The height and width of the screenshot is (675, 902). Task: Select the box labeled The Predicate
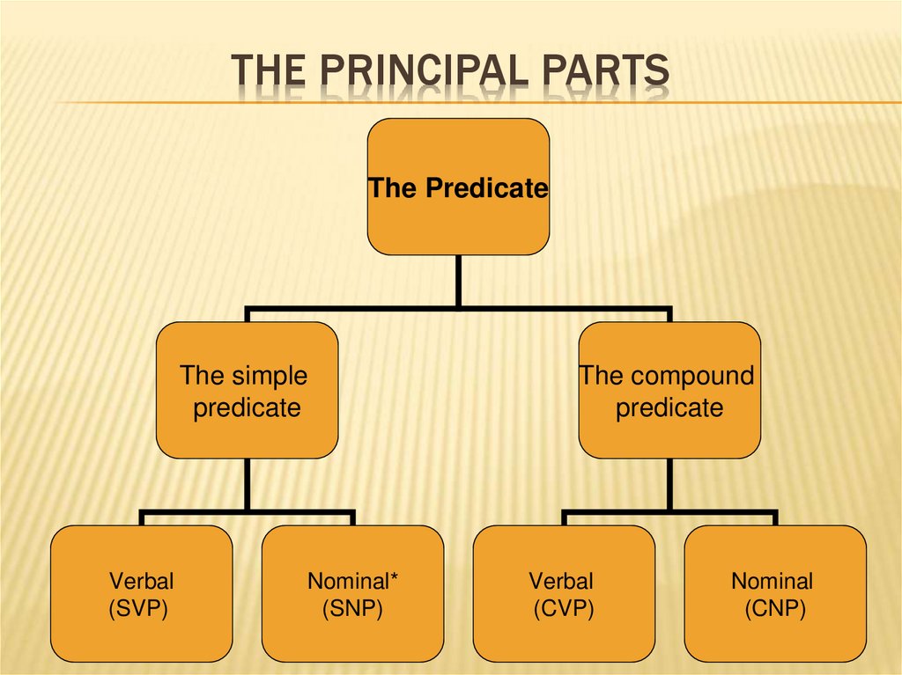[x=458, y=187]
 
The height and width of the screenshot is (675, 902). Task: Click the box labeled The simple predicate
[x=247, y=390]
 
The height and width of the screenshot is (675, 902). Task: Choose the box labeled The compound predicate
[x=669, y=390]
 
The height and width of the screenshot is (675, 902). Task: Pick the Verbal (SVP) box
[x=141, y=593]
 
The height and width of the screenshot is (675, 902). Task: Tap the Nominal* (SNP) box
[x=352, y=593]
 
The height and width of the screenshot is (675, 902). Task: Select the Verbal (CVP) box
[x=564, y=593]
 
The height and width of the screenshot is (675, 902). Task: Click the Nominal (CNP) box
[x=775, y=593]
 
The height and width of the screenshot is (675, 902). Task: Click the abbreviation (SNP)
[x=352, y=608]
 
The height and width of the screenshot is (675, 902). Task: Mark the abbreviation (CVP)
[x=564, y=608]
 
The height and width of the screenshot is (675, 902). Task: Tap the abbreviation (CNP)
[x=775, y=608]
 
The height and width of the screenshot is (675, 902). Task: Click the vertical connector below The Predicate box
[x=458, y=281]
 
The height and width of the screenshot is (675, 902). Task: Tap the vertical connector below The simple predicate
[x=247, y=484]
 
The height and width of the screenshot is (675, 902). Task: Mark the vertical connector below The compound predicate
[x=669, y=484]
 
